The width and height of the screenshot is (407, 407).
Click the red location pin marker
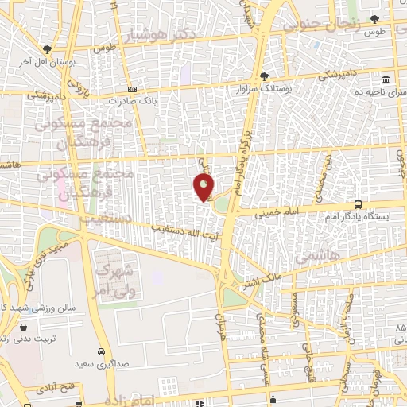(x=203, y=186)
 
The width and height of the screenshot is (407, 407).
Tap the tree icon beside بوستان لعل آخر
(x=48, y=48)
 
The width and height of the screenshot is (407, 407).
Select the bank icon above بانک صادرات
(x=132, y=89)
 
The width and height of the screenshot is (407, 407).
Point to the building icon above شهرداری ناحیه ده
(x=386, y=80)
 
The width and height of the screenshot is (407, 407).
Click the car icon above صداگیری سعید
(x=102, y=351)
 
